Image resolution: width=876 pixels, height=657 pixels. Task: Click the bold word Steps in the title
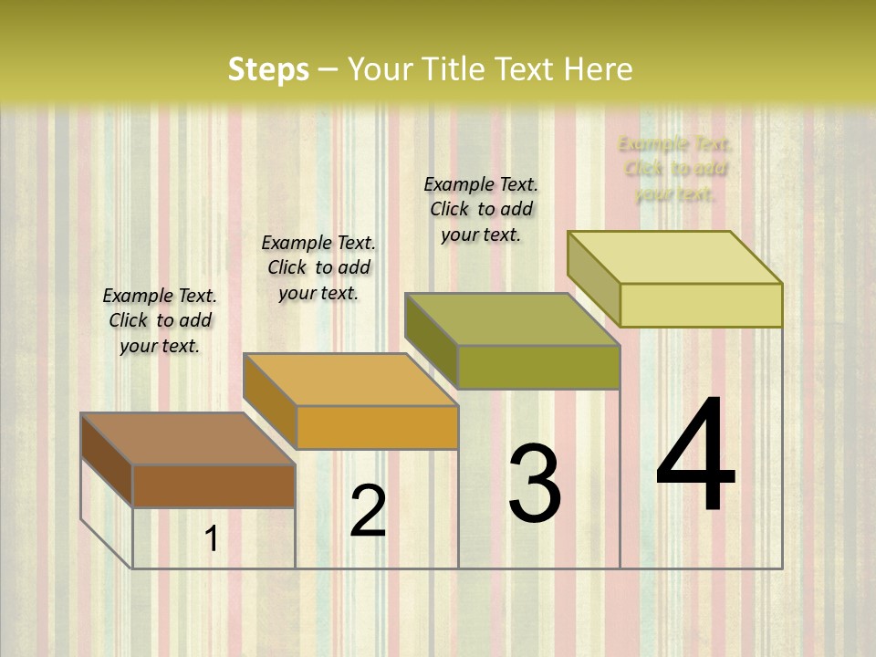(x=268, y=69)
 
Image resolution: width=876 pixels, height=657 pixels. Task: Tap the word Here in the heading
(x=598, y=69)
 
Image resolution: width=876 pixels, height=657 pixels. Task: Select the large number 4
(x=695, y=456)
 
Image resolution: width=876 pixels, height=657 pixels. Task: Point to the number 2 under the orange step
(x=368, y=511)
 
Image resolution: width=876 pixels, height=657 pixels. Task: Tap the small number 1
(x=211, y=539)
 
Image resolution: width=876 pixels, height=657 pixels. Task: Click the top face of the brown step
(x=187, y=439)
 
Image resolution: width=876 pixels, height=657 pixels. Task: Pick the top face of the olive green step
(x=512, y=319)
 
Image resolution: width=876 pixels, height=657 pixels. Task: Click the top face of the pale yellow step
(x=674, y=257)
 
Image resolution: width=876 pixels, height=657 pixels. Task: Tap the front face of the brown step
(x=214, y=485)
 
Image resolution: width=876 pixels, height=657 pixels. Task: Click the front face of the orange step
(x=377, y=427)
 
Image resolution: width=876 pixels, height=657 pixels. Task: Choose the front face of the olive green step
(x=538, y=367)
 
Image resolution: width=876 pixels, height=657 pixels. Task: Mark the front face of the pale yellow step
(x=701, y=305)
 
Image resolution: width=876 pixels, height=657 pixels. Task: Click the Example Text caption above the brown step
(x=160, y=320)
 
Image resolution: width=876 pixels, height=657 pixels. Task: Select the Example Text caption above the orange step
(x=318, y=267)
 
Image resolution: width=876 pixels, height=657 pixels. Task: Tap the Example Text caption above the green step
(x=481, y=209)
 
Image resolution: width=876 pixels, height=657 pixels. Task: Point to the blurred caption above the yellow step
(x=674, y=169)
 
